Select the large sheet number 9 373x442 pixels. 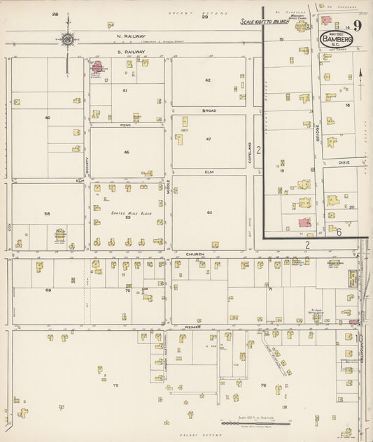tap(358, 27)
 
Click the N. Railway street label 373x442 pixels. tap(132, 35)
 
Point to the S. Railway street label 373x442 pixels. tap(131, 52)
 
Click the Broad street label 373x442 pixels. tap(209, 110)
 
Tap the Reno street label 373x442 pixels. tap(127, 124)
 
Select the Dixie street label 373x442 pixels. tap(343, 162)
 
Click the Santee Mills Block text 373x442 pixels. tap(127, 213)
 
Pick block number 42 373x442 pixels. tap(208, 80)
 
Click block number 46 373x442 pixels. tap(127, 152)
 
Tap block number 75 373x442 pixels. tap(115, 385)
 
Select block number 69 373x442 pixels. tap(48, 289)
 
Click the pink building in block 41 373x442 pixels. tap(98, 69)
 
